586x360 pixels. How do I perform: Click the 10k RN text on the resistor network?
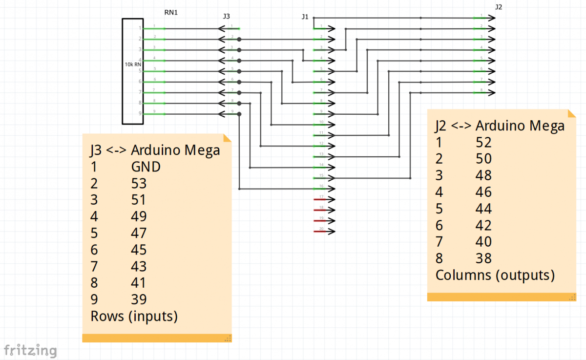pos(133,64)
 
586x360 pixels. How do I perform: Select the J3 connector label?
pos(226,16)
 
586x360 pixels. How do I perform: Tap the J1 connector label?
pos(305,17)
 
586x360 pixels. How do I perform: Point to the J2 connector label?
pos(499,7)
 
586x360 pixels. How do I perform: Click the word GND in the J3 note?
pos(146,167)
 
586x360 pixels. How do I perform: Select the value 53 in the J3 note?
pos(139,184)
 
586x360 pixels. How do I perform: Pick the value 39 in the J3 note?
pos(139,299)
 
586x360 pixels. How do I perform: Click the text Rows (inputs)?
pos(134,317)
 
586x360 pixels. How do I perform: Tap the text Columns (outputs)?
pos(495,275)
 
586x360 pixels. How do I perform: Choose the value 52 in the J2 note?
pos(483,142)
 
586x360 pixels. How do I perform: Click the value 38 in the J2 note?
pos(483,258)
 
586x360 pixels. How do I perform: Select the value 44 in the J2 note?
pos(483,209)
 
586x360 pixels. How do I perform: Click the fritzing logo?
pos(30,350)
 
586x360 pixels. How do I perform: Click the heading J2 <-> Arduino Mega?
pos(500,126)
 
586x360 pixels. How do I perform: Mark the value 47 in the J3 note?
pos(139,233)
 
